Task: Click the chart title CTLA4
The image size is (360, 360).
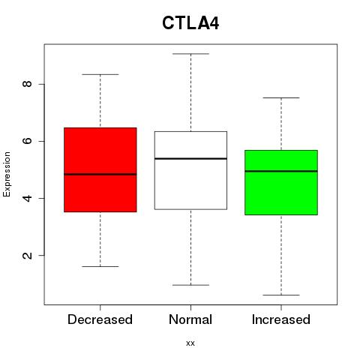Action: [190, 23]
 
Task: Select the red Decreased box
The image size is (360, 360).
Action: [100, 169]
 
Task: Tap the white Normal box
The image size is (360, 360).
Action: [190, 170]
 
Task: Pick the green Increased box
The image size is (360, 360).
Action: [281, 182]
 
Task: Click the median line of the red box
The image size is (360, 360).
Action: [100, 174]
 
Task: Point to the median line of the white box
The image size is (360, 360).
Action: [190, 158]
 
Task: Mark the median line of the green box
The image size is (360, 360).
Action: [281, 171]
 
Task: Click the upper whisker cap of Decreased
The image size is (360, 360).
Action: [100, 74]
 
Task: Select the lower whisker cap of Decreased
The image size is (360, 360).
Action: [100, 266]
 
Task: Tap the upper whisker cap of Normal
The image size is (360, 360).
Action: [190, 54]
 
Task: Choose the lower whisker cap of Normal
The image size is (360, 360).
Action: [190, 285]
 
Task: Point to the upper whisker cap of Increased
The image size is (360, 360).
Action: [281, 97]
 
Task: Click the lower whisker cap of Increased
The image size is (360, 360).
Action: [281, 295]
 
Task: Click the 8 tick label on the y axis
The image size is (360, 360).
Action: [27, 84]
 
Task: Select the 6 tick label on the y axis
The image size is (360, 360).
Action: [27, 141]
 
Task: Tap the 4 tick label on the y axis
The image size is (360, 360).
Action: [27, 198]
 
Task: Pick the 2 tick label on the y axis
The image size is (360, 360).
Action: [27, 255]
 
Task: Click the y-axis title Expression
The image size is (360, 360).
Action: [7, 174]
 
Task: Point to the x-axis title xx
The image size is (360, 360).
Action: [190, 343]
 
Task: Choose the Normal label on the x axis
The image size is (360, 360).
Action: [190, 319]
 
